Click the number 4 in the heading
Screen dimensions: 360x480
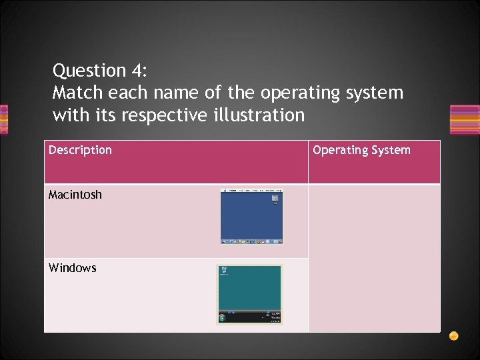pyautogui.click(x=138, y=71)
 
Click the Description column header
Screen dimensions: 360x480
pyautogui.click(x=80, y=150)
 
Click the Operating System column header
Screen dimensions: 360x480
pyautogui.click(x=361, y=150)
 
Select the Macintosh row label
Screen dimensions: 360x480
pyautogui.click(x=75, y=195)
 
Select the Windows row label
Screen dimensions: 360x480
pyautogui.click(x=72, y=268)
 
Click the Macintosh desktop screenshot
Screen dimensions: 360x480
pyautogui.click(x=252, y=217)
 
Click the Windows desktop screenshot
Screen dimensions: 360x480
pyautogui.click(x=249, y=293)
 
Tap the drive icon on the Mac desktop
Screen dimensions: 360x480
pyautogui.click(x=275, y=199)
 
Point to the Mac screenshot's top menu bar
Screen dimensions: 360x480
pyautogui.click(x=252, y=191)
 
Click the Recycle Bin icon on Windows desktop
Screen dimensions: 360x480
pyautogui.click(x=224, y=271)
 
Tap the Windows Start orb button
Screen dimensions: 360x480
pyautogui.click(x=223, y=317)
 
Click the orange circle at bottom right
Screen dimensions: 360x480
pyautogui.click(x=453, y=335)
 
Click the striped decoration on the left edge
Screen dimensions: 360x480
pyautogui.click(x=3, y=119)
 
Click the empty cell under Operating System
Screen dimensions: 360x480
pyautogui.click(x=374, y=257)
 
